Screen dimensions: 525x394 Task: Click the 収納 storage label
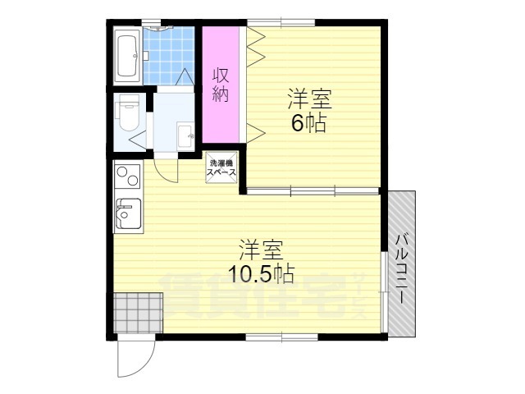click(x=221, y=85)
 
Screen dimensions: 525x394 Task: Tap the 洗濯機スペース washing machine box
click(x=221, y=167)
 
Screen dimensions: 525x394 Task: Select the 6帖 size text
click(x=308, y=123)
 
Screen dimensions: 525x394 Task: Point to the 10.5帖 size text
click(x=261, y=273)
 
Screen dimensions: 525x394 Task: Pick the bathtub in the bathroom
click(x=127, y=55)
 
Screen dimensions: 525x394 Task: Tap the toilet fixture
click(x=127, y=113)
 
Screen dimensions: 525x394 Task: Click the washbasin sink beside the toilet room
click(x=185, y=135)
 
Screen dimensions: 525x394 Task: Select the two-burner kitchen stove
click(x=128, y=174)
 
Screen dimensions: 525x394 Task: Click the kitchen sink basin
click(x=128, y=213)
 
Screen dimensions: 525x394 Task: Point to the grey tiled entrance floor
click(x=138, y=313)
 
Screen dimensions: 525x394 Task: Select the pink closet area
click(x=221, y=85)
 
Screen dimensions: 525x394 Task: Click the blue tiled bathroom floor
click(x=169, y=56)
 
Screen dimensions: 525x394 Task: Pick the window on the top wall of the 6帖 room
click(x=281, y=23)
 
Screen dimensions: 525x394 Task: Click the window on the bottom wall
click(x=281, y=337)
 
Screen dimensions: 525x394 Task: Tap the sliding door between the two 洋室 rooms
click(x=313, y=191)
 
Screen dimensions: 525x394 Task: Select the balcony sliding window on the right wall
click(x=385, y=292)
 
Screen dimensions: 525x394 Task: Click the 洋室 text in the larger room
click(x=262, y=250)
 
